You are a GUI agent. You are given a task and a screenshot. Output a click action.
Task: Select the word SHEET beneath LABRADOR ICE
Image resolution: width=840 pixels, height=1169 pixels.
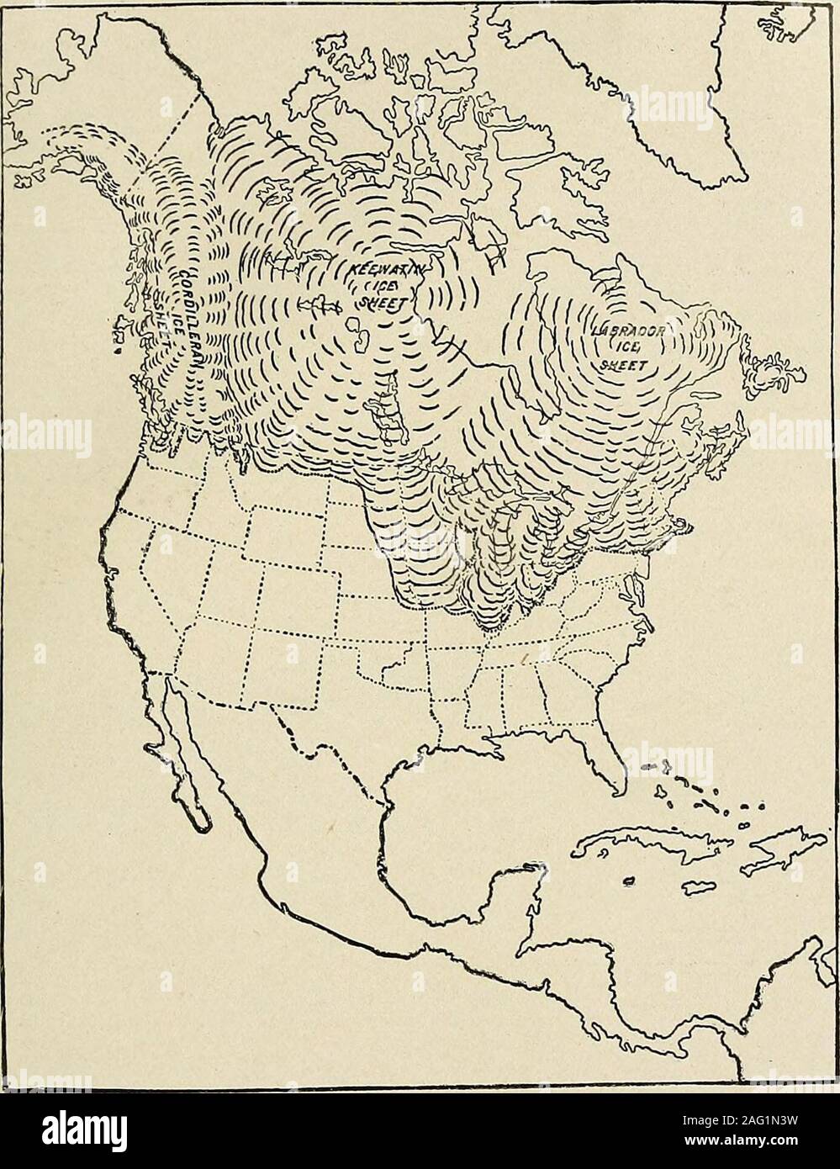624,365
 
